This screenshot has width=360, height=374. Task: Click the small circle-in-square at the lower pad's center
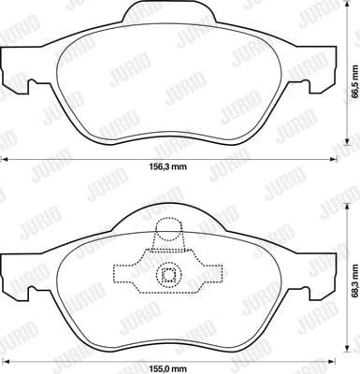(x=169, y=274)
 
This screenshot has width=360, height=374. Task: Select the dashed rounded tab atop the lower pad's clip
(x=169, y=233)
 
